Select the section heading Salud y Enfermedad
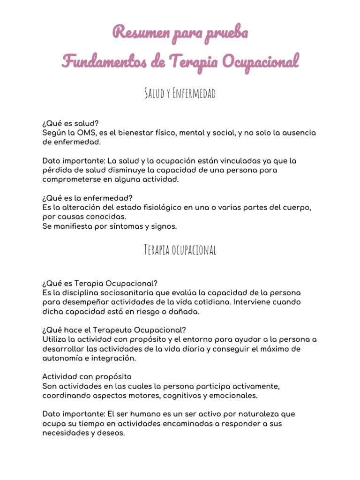click(180, 94)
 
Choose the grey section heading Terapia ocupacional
click(180, 250)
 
